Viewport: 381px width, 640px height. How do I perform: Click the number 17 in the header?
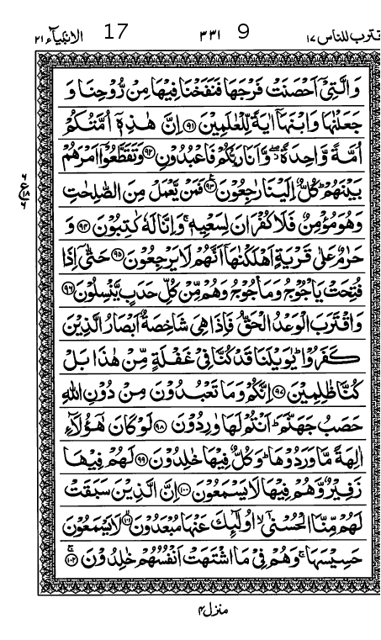[115, 34]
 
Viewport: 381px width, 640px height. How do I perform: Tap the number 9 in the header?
[243, 34]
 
